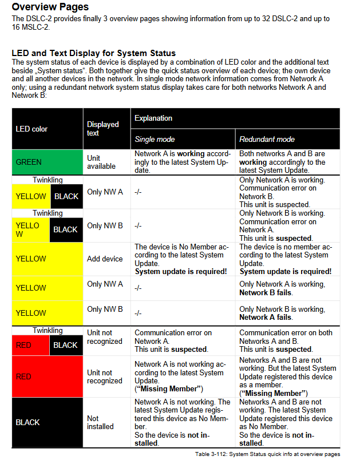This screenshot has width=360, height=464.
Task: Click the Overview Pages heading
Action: (x=50, y=7)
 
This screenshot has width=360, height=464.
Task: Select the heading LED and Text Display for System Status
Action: (x=93, y=53)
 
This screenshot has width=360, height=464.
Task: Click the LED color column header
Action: (x=31, y=129)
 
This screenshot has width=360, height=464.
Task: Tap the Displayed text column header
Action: (x=102, y=129)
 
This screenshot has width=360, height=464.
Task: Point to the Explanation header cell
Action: (x=153, y=118)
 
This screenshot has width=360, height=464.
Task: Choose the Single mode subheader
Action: (x=155, y=139)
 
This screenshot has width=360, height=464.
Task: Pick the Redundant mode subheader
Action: (x=267, y=139)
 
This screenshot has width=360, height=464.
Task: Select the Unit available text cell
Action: (x=101, y=162)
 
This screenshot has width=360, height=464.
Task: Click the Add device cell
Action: (x=105, y=259)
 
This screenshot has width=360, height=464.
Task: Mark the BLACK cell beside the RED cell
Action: (x=66, y=345)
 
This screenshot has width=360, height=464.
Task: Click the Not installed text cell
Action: (x=100, y=422)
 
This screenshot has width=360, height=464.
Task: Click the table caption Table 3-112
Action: (x=267, y=454)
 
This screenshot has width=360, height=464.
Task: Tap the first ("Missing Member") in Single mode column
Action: (x=169, y=389)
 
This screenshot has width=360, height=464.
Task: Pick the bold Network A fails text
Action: (x=266, y=317)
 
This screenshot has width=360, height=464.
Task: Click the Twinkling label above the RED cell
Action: (x=48, y=331)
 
